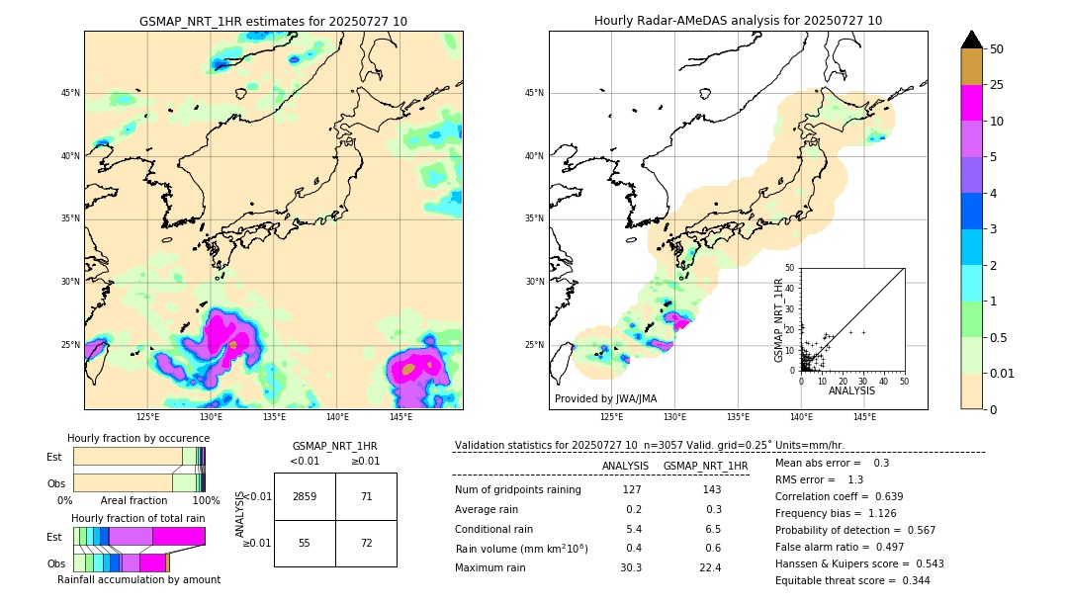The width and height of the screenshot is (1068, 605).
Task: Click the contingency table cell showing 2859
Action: click(305, 496)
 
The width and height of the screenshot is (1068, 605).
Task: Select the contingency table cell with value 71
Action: click(366, 496)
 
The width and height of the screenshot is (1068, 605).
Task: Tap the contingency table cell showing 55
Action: click(305, 544)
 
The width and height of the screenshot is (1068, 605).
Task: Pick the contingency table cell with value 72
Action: click(366, 544)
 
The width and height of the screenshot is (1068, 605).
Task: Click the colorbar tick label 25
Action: click(997, 85)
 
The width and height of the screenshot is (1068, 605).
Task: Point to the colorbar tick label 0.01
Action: click(1003, 374)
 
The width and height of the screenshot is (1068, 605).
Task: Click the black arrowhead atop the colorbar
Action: click(972, 40)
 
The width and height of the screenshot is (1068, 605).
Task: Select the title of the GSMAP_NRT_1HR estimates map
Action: click(273, 21)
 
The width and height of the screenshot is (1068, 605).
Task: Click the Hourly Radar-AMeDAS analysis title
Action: click(738, 21)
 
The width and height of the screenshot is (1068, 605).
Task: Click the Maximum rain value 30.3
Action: click(631, 567)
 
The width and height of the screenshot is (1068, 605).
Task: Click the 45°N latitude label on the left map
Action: click(70, 93)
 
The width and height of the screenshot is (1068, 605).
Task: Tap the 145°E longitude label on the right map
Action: click(864, 417)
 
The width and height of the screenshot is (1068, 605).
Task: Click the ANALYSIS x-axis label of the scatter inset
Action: click(851, 391)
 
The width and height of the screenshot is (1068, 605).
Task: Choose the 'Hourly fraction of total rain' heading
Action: click(138, 518)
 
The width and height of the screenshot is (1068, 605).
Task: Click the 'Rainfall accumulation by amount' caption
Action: click(138, 579)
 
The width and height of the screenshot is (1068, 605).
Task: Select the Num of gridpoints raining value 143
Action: click(710, 490)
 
